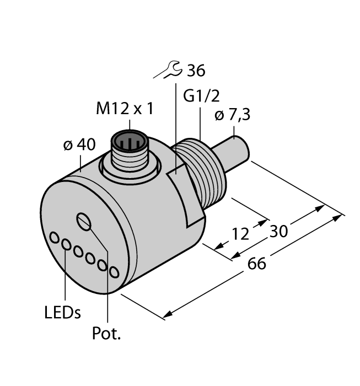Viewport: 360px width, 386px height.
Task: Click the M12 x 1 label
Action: tap(124, 109)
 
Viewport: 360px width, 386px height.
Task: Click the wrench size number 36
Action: tap(196, 71)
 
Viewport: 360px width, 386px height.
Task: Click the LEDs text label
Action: tap(62, 313)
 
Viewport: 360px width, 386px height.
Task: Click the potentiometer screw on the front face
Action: tap(84, 221)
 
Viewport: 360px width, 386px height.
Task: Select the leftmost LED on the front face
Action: tap(55, 237)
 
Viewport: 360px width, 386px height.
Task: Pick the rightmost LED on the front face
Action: tap(114, 272)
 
